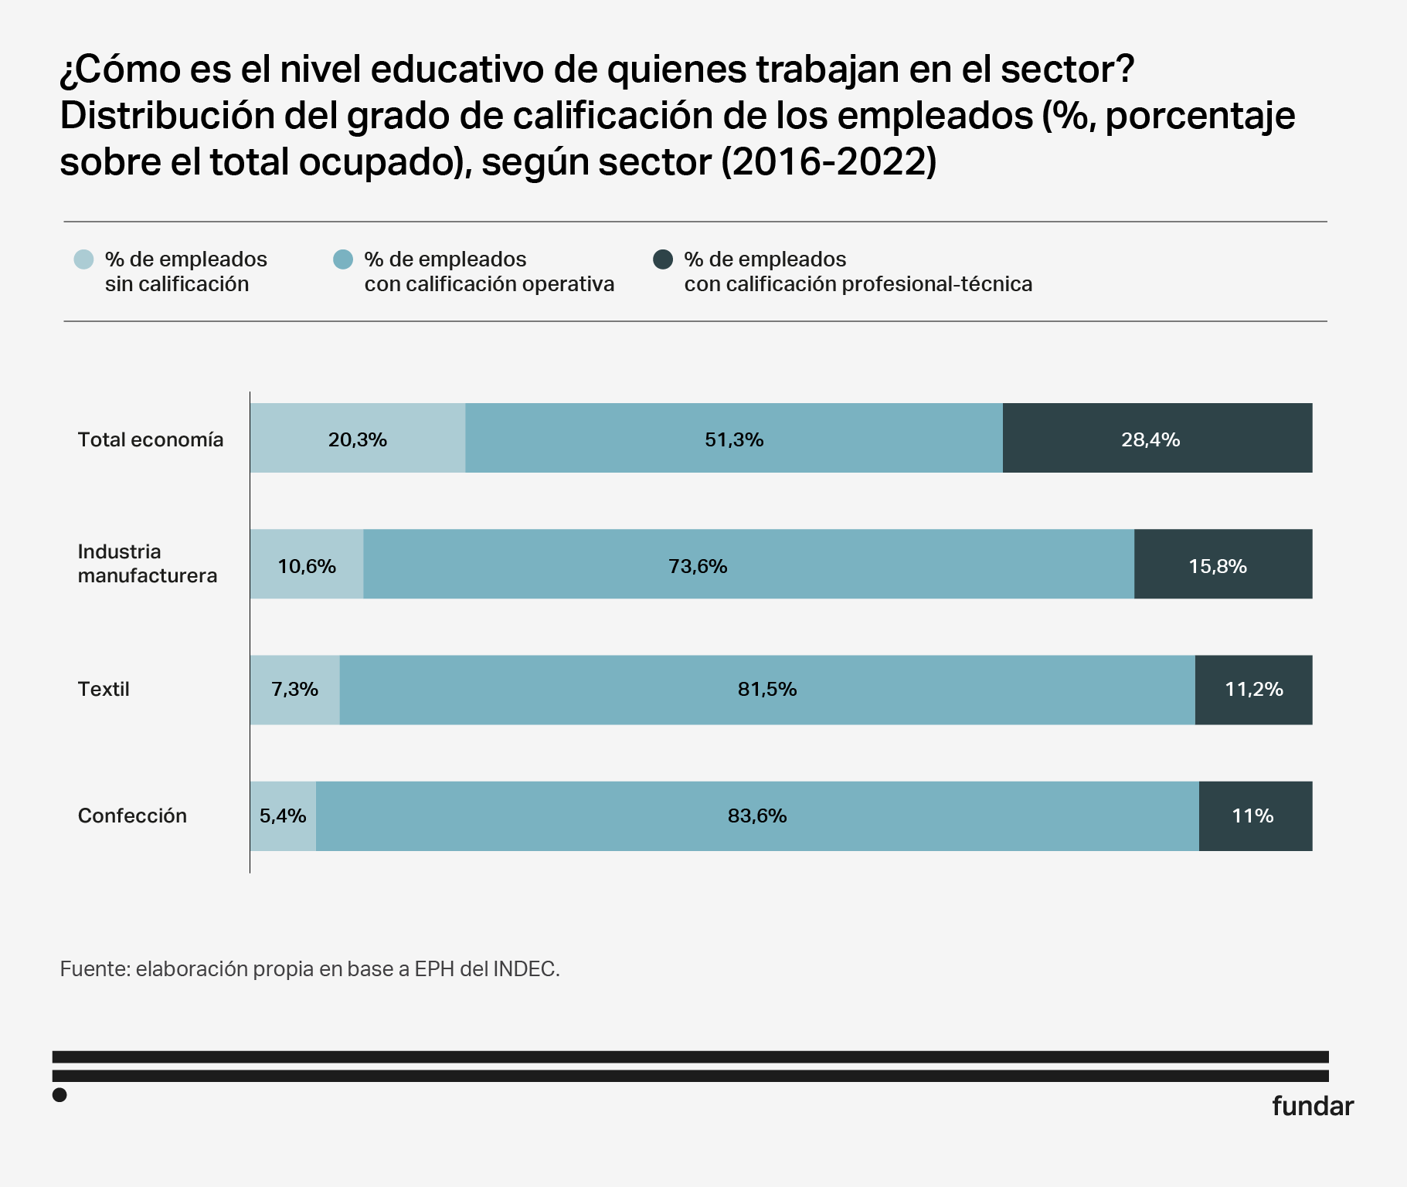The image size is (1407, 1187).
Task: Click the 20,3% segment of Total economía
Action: pyautogui.click(x=358, y=438)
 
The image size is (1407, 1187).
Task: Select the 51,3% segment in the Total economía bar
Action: pyautogui.click(x=734, y=438)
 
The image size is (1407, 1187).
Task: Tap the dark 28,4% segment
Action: pyautogui.click(x=1157, y=438)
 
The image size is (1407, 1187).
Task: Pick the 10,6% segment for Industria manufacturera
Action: pyautogui.click(x=307, y=565)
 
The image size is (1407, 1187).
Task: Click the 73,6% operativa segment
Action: pyautogui.click(x=748, y=565)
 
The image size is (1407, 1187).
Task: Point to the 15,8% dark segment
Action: pyautogui.click(x=1222, y=565)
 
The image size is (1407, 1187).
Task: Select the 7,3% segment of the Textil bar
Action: pyautogui.click(x=294, y=690)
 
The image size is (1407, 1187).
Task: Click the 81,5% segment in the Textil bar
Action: pyautogui.click(x=766, y=690)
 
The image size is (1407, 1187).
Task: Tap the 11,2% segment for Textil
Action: pyautogui.click(x=1253, y=690)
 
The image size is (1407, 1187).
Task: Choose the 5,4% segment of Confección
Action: pyautogui.click(x=283, y=816)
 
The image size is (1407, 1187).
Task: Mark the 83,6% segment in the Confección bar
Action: pyautogui.click(x=757, y=816)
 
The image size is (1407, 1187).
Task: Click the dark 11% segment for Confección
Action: pyautogui.click(x=1255, y=816)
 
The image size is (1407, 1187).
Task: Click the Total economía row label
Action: pyautogui.click(x=151, y=439)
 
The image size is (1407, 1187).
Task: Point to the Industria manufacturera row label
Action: pyautogui.click(x=148, y=564)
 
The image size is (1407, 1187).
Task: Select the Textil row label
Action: pyautogui.click(x=104, y=689)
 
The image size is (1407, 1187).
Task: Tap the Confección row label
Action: pyautogui.click(x=132, y=816)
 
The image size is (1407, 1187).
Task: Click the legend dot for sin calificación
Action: pyautogui.click(x=83, y=259)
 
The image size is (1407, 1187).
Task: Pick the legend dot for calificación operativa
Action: pyautogui.click(x=343, y=259)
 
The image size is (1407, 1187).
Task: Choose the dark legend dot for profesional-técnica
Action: pyautogui.click(x=663, y=259)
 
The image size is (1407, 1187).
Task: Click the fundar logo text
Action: pyautogui.click(x=1313, y=1106)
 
